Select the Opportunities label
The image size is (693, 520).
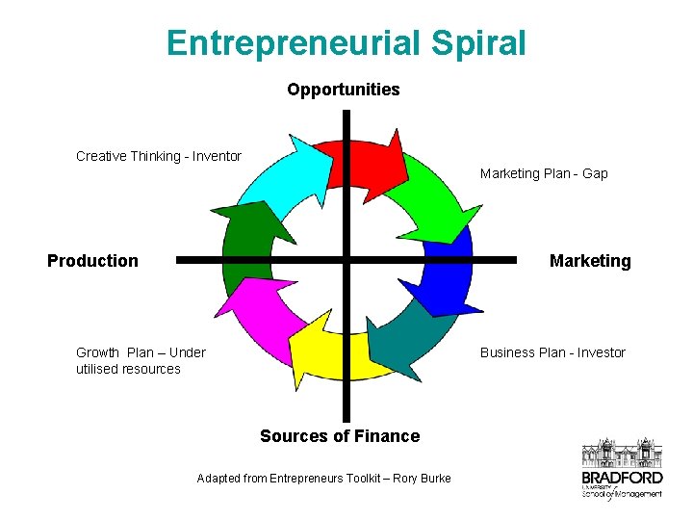point(343,90)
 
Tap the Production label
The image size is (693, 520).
point(92,261)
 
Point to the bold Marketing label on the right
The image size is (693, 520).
point(590,261)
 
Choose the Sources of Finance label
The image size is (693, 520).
point(340,436)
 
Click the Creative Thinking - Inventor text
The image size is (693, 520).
point(159,156)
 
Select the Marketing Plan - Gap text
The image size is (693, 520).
point(544,173)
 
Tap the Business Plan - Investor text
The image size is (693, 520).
point(552,352)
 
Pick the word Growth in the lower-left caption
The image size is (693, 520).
point(97,352)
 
